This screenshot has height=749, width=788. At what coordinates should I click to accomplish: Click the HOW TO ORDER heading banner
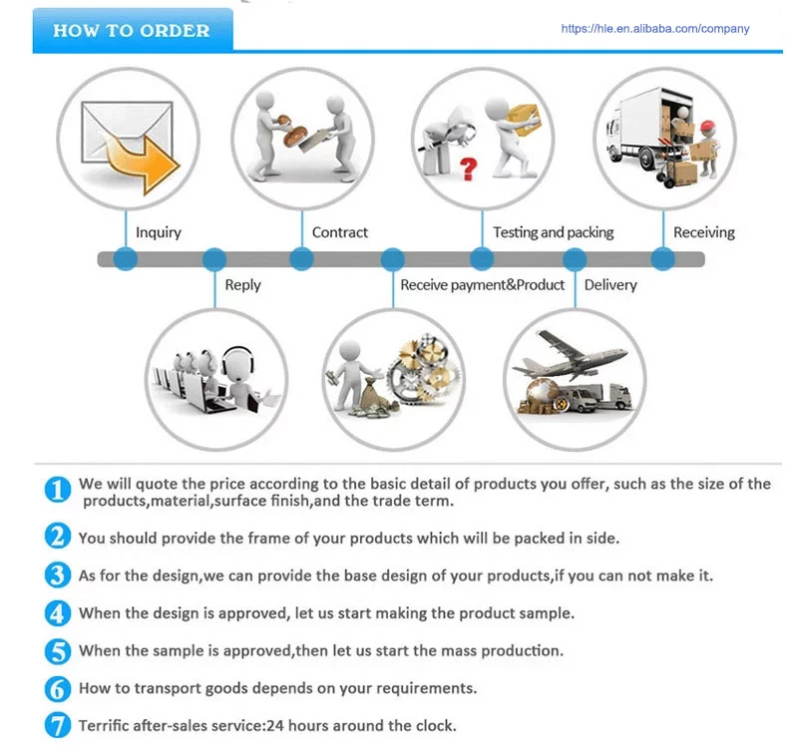click(x=132, y=30)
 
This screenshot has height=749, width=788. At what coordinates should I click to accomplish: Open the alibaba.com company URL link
click(x=654, y=29)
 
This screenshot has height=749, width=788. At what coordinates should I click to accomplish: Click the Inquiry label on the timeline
click(x=159, y=232)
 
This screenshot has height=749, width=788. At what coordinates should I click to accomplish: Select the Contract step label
click(x=340, y=232)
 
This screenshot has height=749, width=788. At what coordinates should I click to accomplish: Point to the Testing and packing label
click(x=554, y=232)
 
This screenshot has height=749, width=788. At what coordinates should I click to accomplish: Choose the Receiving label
click(x=704, y=232)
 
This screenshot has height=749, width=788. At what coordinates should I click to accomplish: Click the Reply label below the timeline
click(x=242, y=285)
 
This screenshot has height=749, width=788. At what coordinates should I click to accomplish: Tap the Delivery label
click(x=610, y=285)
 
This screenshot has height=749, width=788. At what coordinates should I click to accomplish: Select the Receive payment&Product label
click(x=483, y=285)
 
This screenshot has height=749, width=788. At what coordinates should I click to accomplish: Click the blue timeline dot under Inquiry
click(x=125, y=259)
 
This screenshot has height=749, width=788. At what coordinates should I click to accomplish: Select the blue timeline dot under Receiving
click(x=662, y=259)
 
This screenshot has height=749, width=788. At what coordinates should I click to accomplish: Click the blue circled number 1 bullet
click(x=58, y=490)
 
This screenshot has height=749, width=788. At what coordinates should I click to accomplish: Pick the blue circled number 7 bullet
click(x=58, y=725)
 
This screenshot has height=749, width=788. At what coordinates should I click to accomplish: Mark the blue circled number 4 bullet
click(x=58, y=613)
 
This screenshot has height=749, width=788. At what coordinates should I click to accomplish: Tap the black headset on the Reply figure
click(x=237, y=361)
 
